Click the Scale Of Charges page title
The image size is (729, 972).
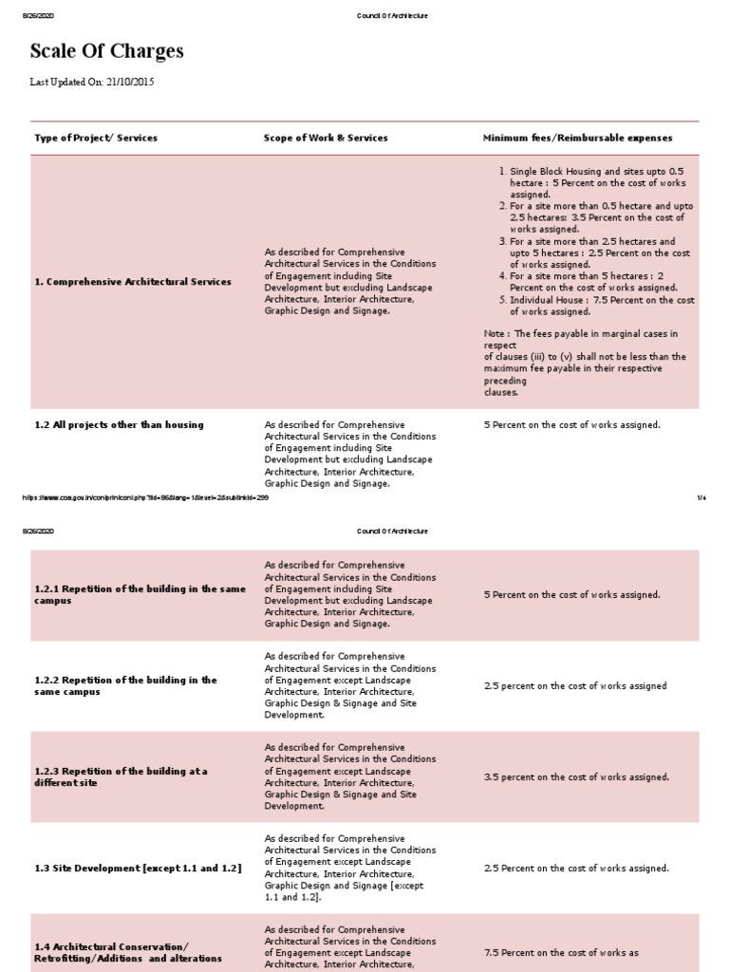tap(107, 51)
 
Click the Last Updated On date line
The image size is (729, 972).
tap(92, 83)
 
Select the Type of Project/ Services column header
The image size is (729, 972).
tap(96, 138)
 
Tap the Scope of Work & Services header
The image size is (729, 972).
tap(326, 138)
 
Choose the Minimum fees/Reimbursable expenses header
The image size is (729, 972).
tap(577, 138)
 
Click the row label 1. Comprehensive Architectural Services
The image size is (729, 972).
tap(133, 282)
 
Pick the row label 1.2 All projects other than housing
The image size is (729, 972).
tap(119, 424)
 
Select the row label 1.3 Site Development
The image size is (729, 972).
tap(138, 869)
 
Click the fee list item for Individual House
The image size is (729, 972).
tap(602, 306)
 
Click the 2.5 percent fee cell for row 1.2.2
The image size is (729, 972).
tap(575, 686)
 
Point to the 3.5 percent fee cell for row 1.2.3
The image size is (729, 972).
tap(576, 777)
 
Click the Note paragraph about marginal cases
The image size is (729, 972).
tap(585, 363)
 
